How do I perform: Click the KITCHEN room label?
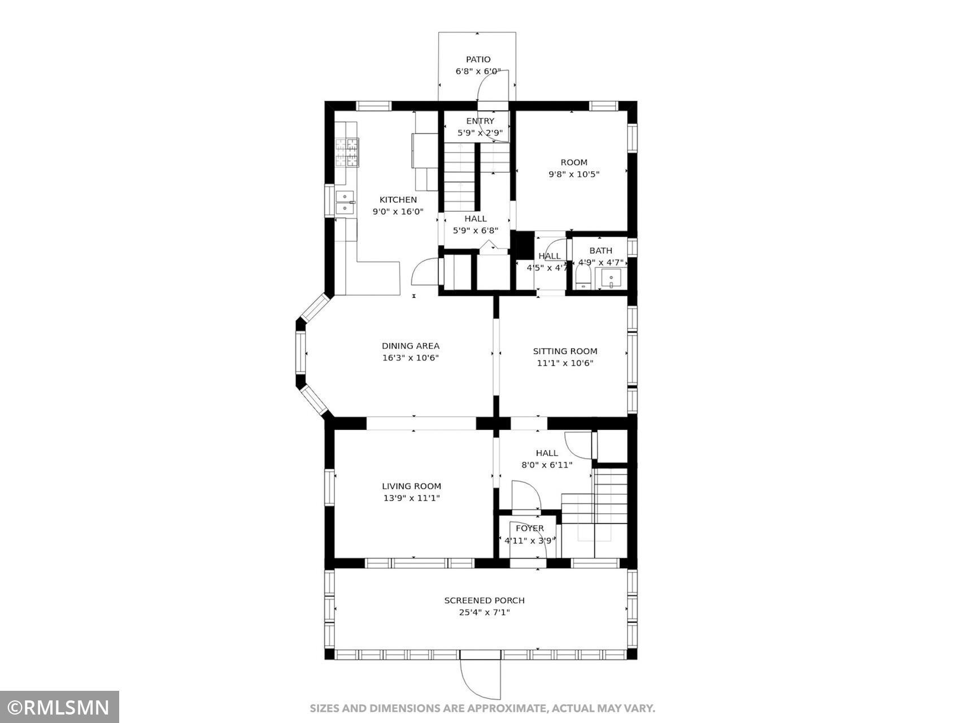tap(398, 199)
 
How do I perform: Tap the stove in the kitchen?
tap(347, 153)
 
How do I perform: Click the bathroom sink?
tap(611, 278)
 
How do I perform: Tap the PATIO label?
tap(478, 59)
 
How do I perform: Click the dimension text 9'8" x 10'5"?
tap(574, 175)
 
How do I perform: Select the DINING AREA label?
tap(411, 346)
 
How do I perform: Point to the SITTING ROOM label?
tap(565, 351)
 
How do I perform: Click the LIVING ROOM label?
tap(411, 486)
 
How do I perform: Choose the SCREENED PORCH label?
tap(484, 600)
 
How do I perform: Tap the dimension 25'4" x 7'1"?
tap(484, 612)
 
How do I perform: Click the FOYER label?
tap(530, 529)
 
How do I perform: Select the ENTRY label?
tap(480, 121)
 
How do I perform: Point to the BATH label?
tap(600, 251)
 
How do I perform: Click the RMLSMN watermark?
tap(59, 707)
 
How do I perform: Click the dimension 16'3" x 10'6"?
tap(411, 358)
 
